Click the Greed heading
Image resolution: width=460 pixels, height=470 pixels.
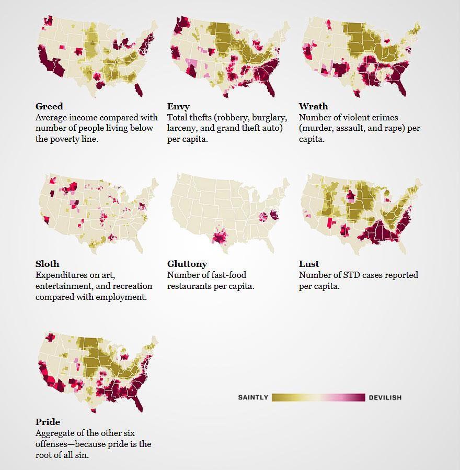tap(49, 106)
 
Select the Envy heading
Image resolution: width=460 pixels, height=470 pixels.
tap(178, 107)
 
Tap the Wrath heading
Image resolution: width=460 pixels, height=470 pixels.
tap(313, 106)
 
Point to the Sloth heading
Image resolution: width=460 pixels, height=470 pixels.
tap(47, 264)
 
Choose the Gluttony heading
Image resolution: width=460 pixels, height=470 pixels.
tap(187, 264)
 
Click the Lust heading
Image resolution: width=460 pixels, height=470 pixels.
tap(309, 264)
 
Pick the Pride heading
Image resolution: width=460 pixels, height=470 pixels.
tap(48, 422)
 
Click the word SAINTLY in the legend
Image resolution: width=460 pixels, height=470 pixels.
tap(253, 398)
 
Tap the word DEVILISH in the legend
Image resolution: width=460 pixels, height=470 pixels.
tap(385, 398)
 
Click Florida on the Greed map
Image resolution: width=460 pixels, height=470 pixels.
tap(139, 91)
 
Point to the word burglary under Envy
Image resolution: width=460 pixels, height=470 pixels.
tap(268, 118)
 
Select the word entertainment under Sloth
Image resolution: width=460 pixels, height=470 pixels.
tap(67, 286)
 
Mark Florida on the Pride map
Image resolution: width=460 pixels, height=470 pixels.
tap(139, 405)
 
